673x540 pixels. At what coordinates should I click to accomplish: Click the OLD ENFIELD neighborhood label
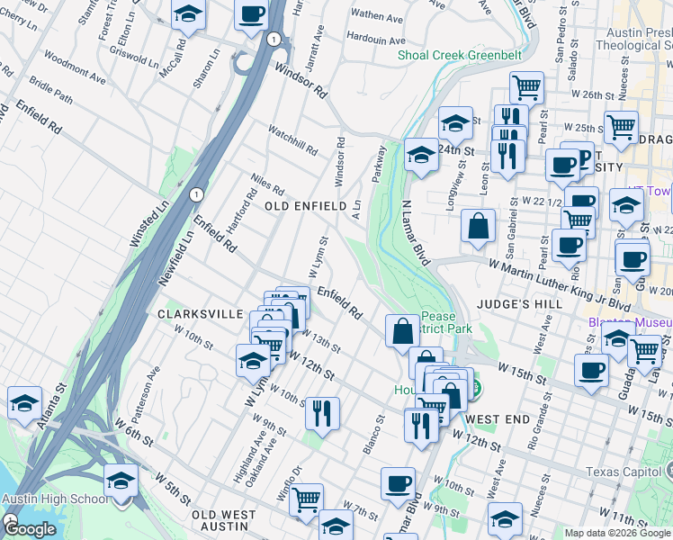click(x=305, y=206)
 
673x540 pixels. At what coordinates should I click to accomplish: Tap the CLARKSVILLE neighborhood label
click(x=200, y=313)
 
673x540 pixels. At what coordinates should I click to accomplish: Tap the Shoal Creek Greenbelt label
click(x=460, y=55)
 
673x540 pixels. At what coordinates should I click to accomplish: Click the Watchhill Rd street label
click(x=292, y=138)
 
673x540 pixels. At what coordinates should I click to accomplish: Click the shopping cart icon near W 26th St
click(x=526, y=87)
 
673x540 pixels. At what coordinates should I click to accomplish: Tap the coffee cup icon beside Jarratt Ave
click(x=251, y=13)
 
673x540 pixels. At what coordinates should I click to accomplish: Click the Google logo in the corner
click(x=31, y=530)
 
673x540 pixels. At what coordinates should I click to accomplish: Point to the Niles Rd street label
click(x=268, y=186)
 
